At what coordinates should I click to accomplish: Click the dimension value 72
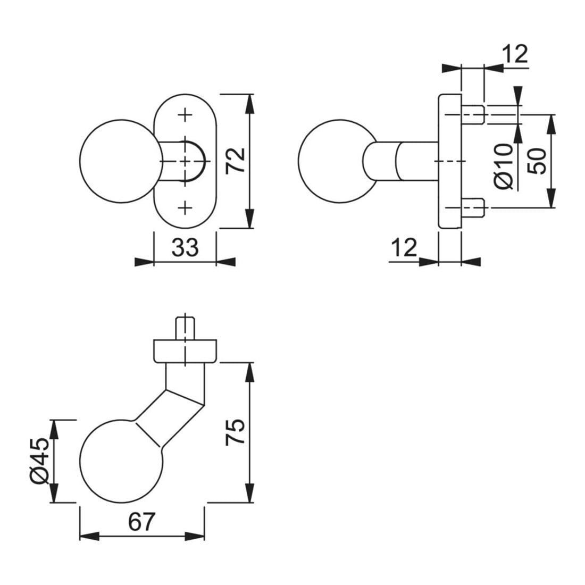tap(236, 161)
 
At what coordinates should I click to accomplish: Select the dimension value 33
tap(185, 247)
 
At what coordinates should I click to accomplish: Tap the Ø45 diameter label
tap(39, 462)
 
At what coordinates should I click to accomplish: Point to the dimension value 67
tap(141, 522)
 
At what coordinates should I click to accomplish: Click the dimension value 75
tap(236, 432)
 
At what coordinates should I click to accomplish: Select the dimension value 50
tap(537, 161)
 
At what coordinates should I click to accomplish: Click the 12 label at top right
tap(515, 54)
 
